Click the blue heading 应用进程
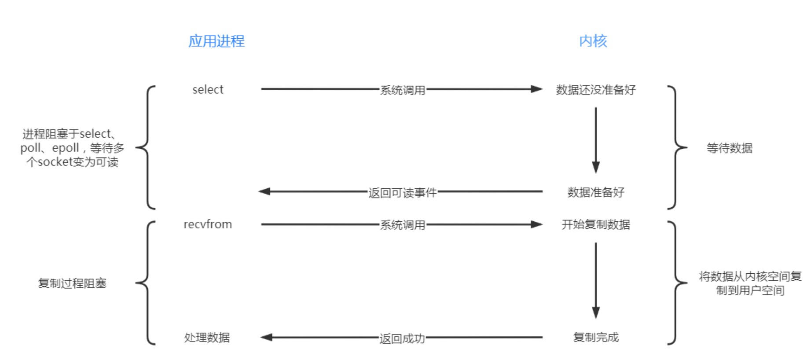click(216, 41)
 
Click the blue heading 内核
click(593, 41)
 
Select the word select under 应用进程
click(208, 90)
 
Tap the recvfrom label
click(208, 224)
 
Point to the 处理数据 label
click(207, 338)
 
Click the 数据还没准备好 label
click(596, 90)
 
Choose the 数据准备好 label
click(596, 192)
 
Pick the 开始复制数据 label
click(596, 224)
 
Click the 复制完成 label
click(596, 338)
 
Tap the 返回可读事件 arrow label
click(402, 192)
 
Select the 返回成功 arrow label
click(402, 338)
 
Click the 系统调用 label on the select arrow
click(403, 90)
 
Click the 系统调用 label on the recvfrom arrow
click(403, 225)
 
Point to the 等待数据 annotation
click(730, 148)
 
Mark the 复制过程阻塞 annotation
click(72, 283)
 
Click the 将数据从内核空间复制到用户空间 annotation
click(750, 283)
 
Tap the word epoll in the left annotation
click(66, 148)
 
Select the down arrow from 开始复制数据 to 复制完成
click(596, 280)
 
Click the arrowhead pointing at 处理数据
click(266, 338)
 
